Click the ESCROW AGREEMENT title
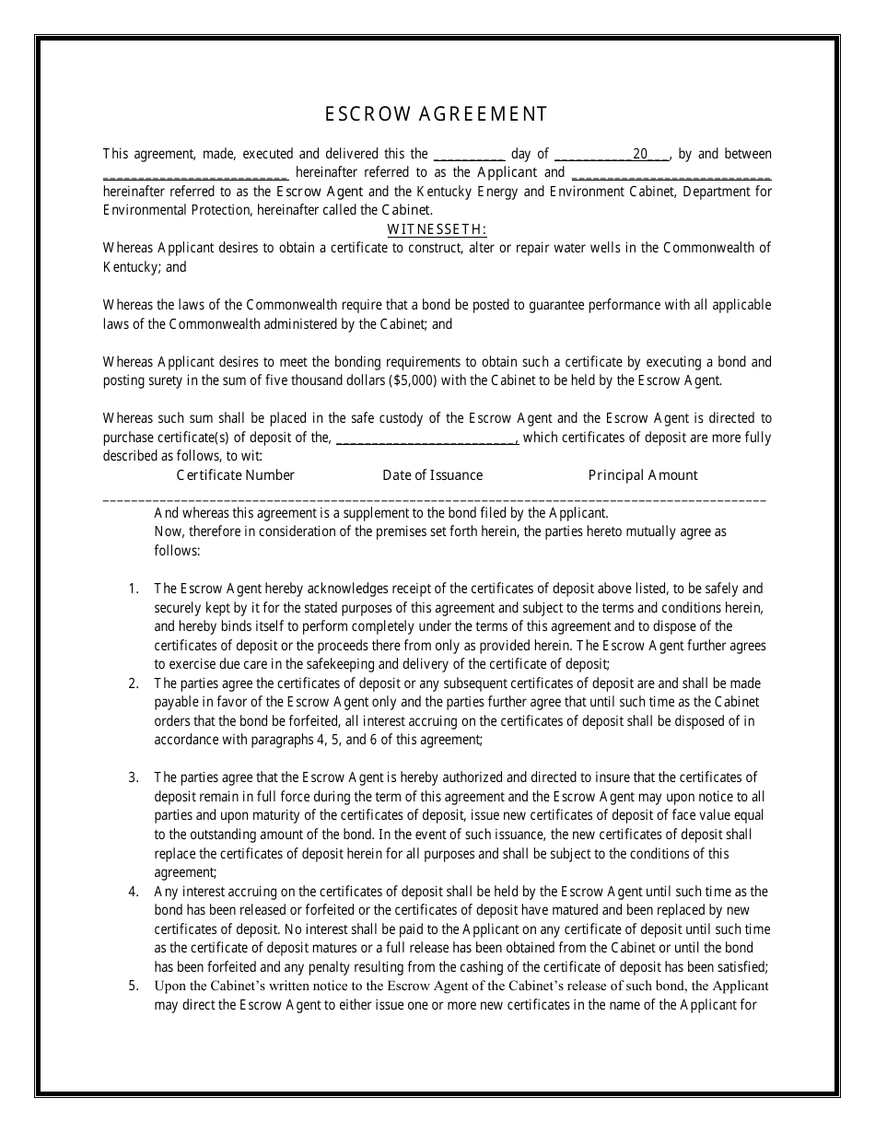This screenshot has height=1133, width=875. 437,114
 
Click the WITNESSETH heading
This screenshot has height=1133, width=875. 437,229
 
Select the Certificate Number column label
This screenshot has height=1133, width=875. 235,475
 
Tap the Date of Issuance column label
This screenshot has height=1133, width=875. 432,475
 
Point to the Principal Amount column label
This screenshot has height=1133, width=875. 643,475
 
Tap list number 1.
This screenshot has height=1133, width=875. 134,589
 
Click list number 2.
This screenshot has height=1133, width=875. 134,683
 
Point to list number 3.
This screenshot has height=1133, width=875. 134,778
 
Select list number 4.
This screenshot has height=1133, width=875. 134,892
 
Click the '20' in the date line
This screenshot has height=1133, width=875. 640,155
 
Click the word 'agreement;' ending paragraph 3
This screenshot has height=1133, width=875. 185,872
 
